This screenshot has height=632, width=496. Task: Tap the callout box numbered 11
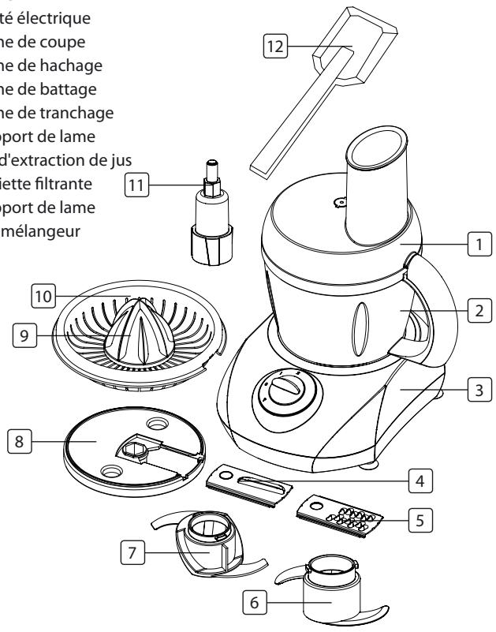(x=138, y=188)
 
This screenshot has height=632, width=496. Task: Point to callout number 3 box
(x=476, y=389)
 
